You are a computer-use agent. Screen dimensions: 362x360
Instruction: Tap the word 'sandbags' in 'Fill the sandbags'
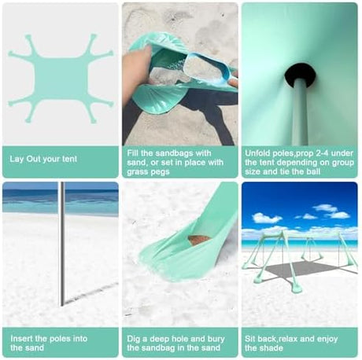point(175,153)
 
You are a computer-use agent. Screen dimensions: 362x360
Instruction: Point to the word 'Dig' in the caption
point(134,339)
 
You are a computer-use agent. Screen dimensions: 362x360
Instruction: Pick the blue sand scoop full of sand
point(211,68)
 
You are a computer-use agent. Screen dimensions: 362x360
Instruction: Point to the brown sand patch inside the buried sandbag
point(199,240)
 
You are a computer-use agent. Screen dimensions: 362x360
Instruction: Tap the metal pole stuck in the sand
point(62,244)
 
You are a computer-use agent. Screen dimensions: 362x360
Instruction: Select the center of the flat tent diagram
point(61,79)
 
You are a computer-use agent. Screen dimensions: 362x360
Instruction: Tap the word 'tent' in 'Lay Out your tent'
point(70,159)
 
